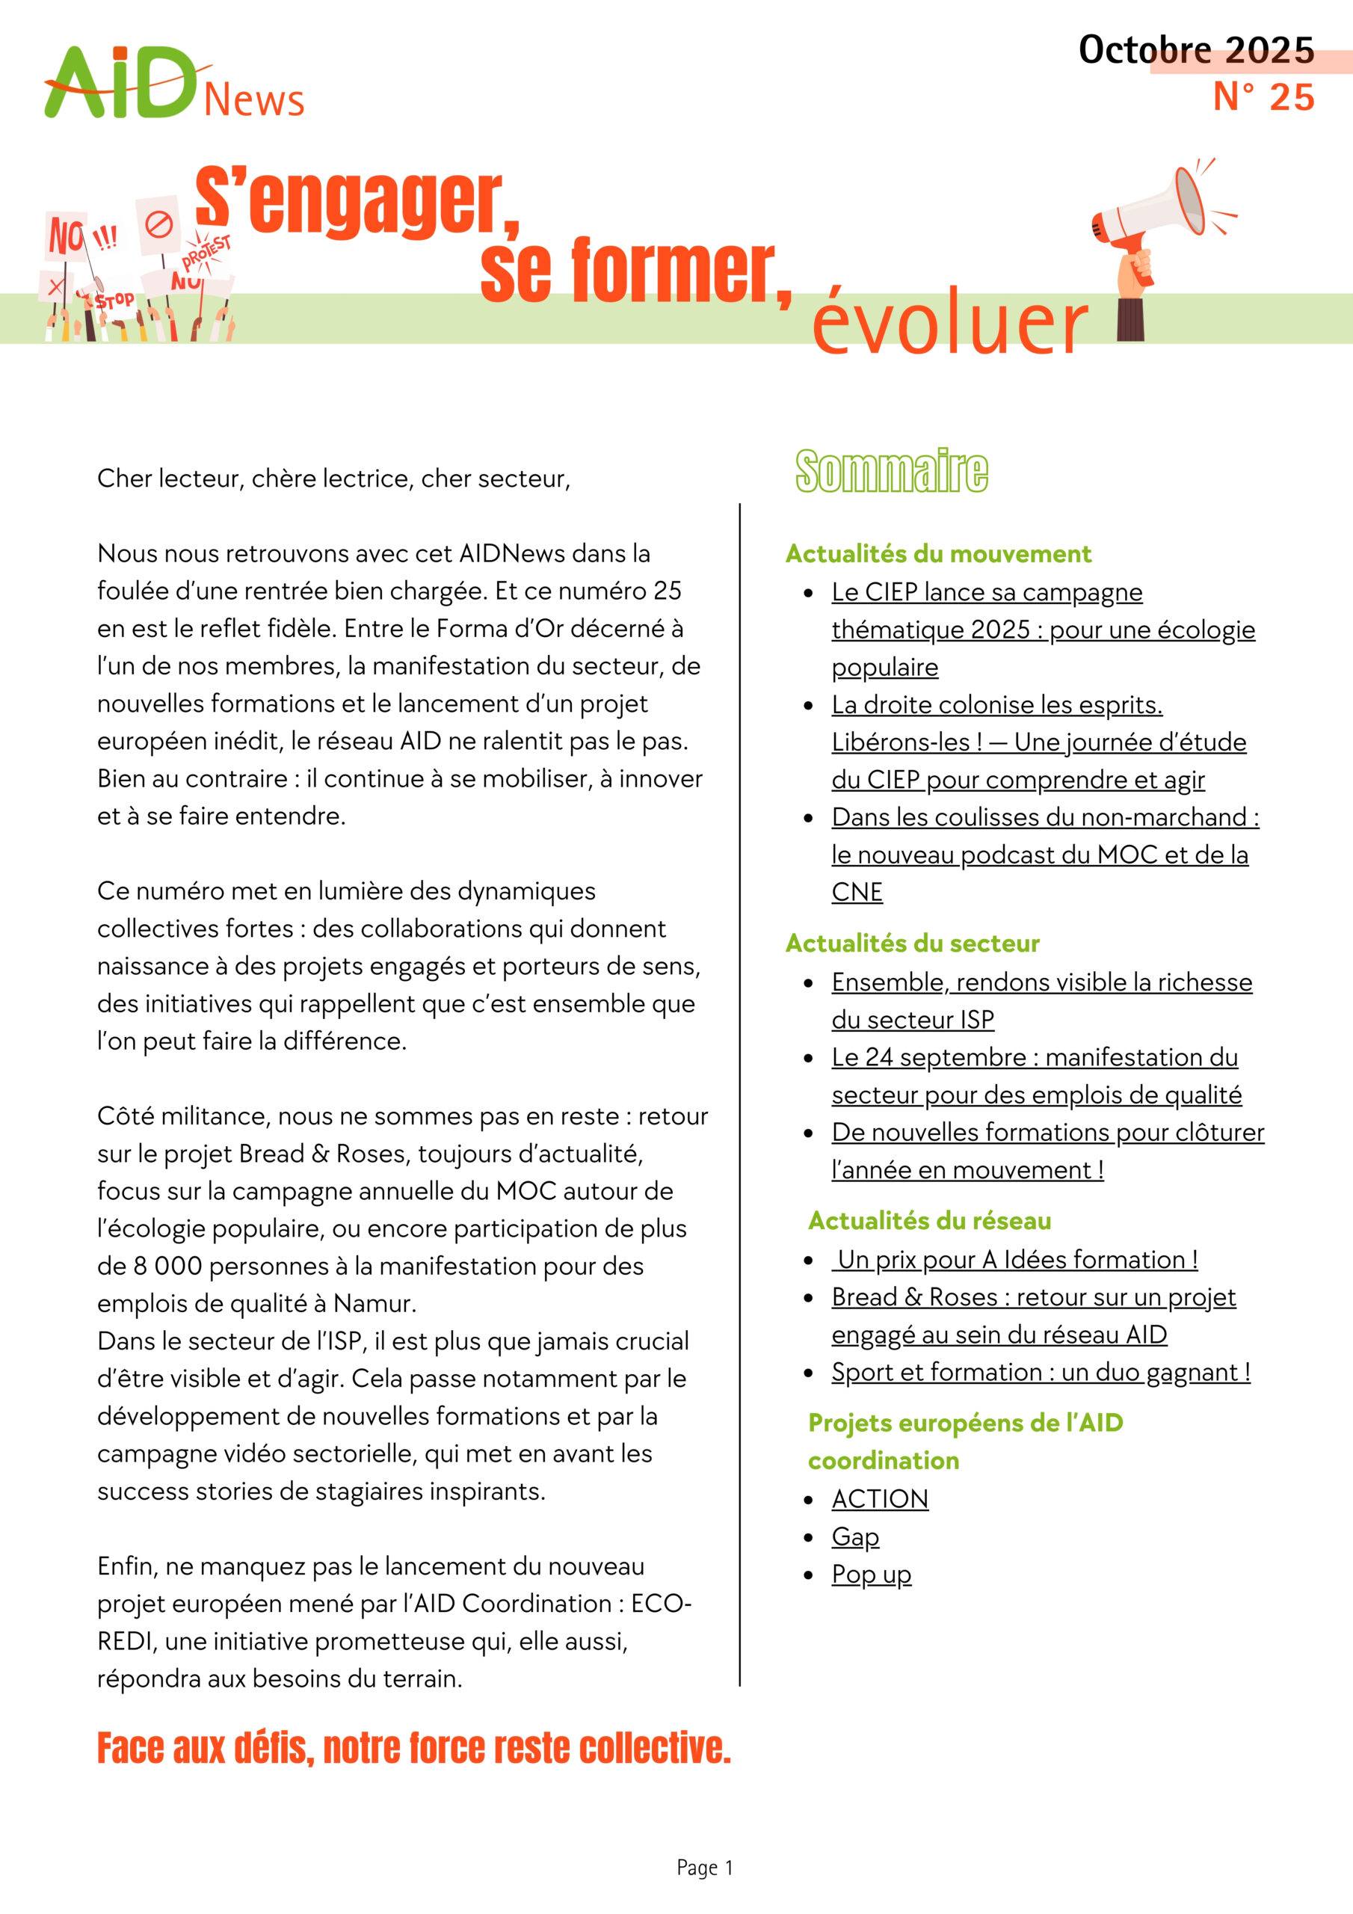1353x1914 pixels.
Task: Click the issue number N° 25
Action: [x=1263, y=97]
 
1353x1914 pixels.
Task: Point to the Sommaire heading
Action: [x=891, y=471]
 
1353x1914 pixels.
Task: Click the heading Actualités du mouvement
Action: [x=938, y=553]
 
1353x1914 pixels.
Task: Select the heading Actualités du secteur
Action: [x=912, y=943]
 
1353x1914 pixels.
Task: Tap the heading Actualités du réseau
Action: [x=928, y=1220]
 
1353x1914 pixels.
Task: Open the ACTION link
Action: [x=880, y=1499]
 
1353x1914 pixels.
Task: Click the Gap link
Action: [x=855, y=1536]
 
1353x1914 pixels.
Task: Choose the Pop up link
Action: [x=871, y=1574]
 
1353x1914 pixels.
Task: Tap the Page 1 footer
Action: [x=704, y=1868]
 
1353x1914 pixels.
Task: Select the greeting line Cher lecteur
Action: [x=333, y=478]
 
